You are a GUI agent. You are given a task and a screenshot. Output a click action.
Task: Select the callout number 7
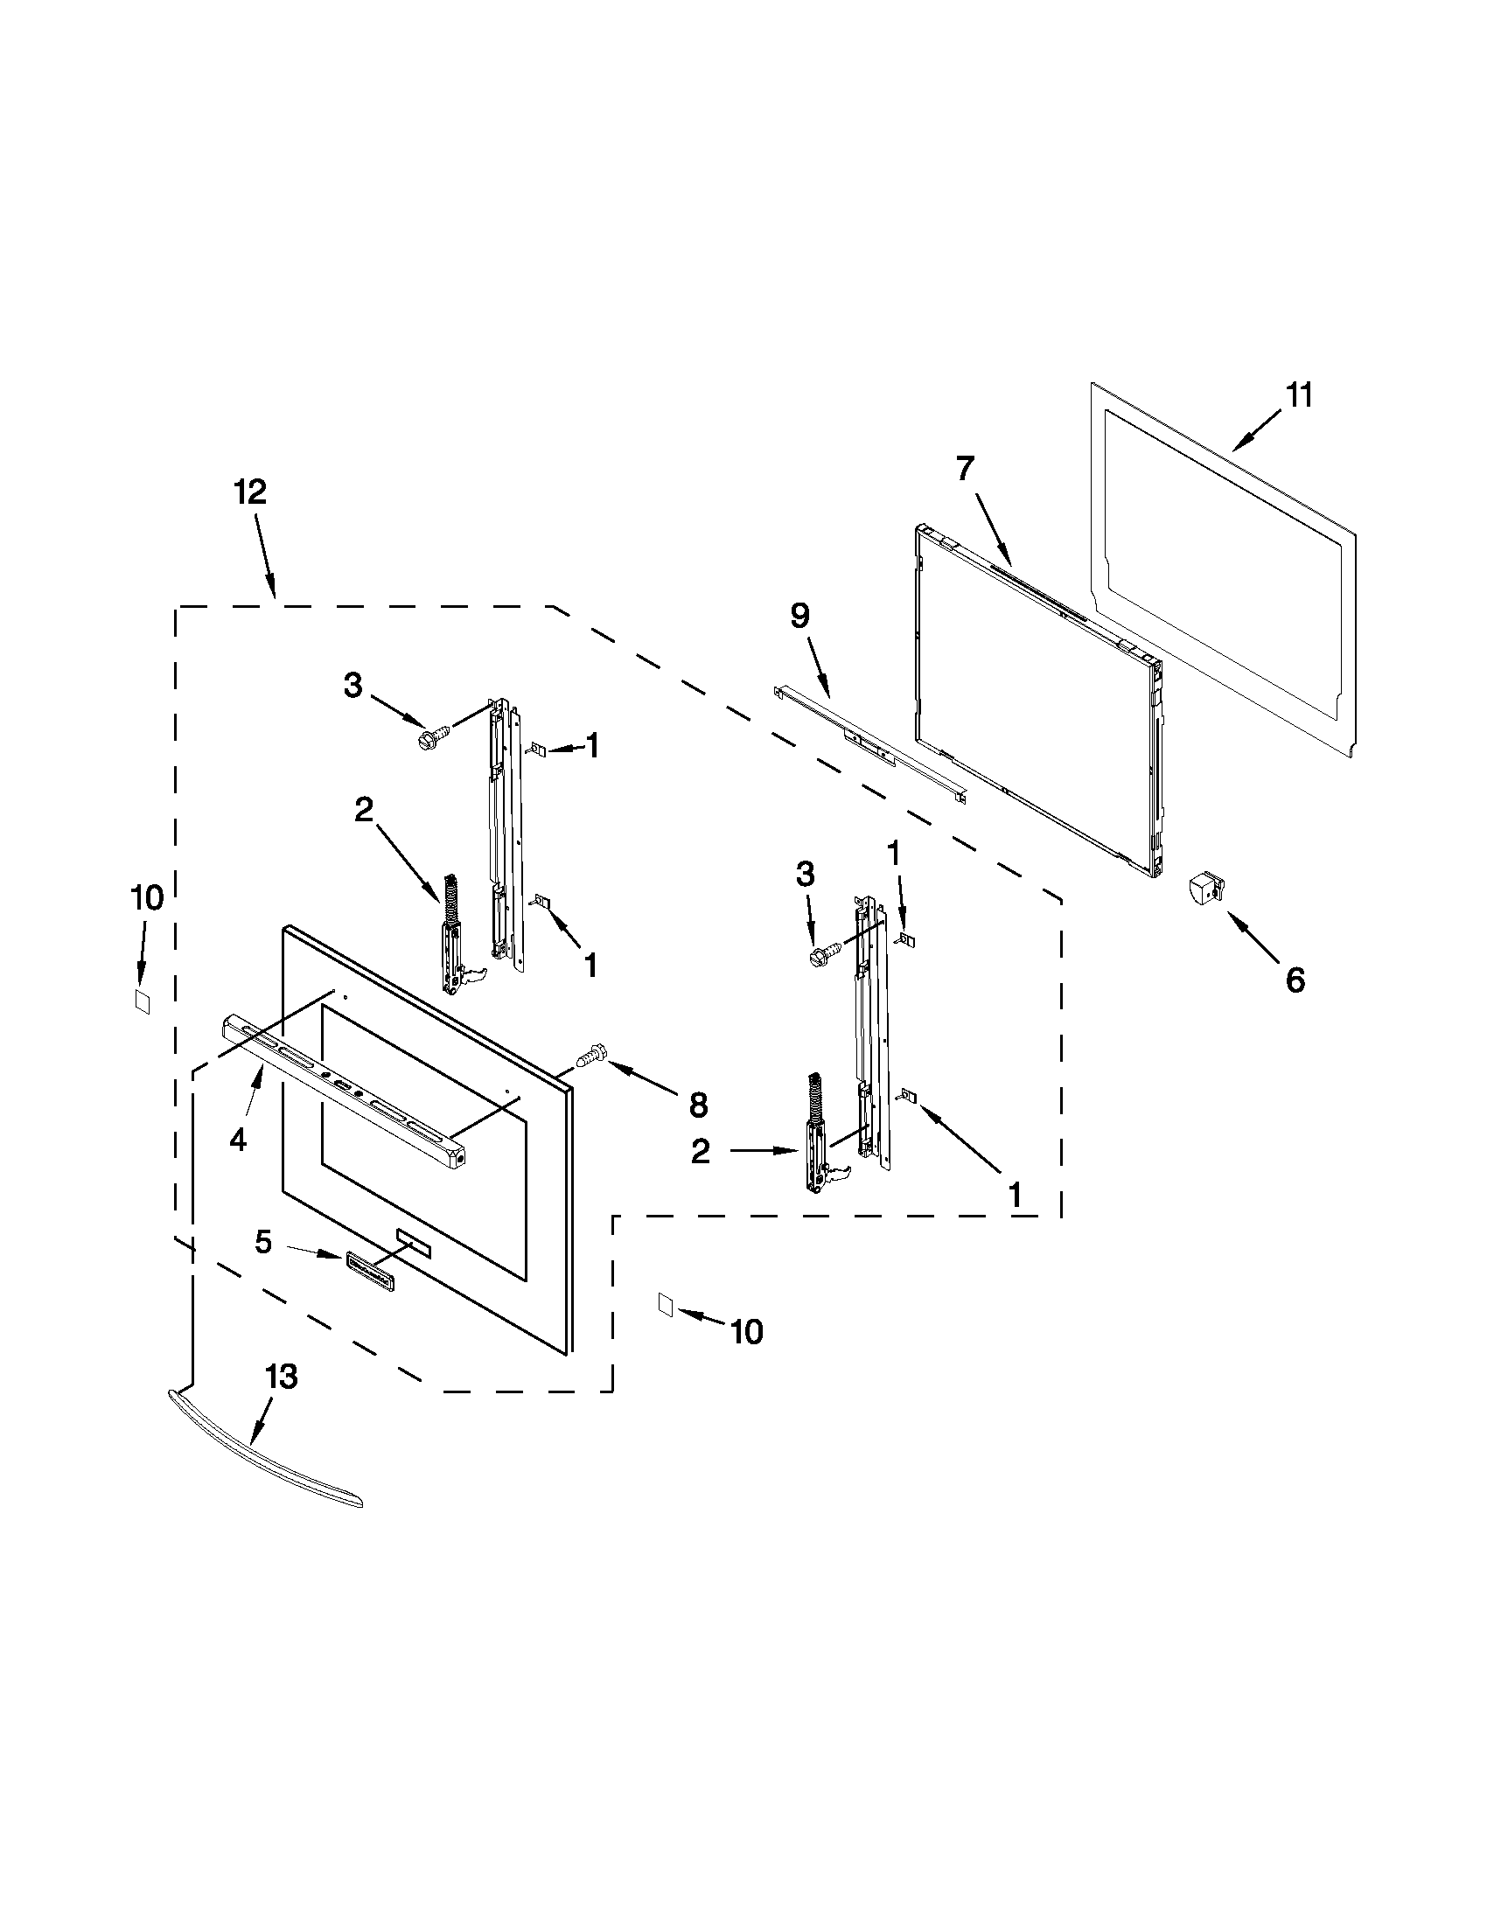(x=965, y=470)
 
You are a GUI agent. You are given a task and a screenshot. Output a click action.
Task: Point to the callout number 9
(x=799, y=616)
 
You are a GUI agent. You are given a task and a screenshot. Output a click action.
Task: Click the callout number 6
(x=1294, y=980)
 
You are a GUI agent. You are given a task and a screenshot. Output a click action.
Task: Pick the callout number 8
(x=698, y=1104)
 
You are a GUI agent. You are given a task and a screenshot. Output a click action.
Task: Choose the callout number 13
(x=281, y=1377)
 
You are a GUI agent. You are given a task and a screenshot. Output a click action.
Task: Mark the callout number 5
(x=263, y=1242)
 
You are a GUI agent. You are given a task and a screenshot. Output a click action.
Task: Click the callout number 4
(x=238, y=1140)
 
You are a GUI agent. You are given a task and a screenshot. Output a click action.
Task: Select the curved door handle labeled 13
(x=264, y=1451)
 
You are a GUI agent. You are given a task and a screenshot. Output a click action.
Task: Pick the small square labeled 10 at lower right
(x=666, y=1306)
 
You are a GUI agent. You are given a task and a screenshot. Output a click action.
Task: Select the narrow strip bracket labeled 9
(x=869, y=741)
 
